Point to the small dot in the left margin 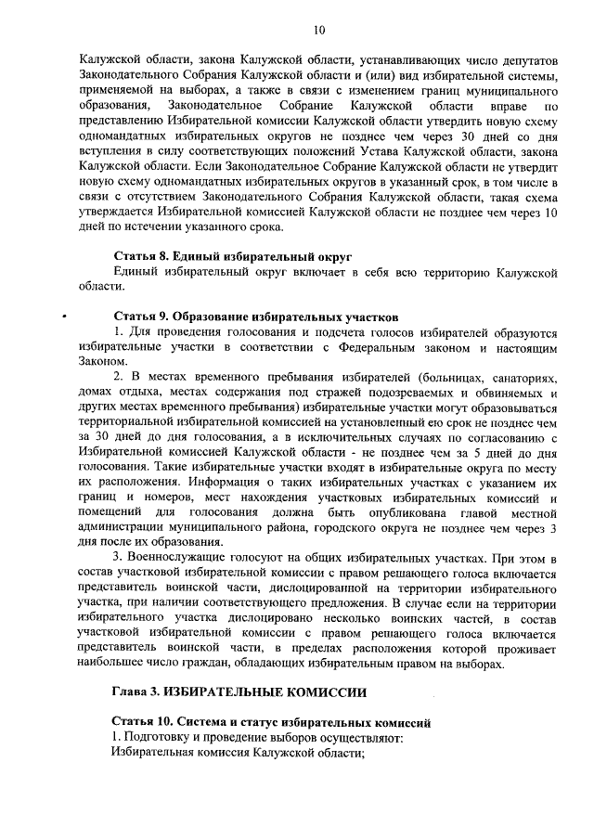[64, 315]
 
